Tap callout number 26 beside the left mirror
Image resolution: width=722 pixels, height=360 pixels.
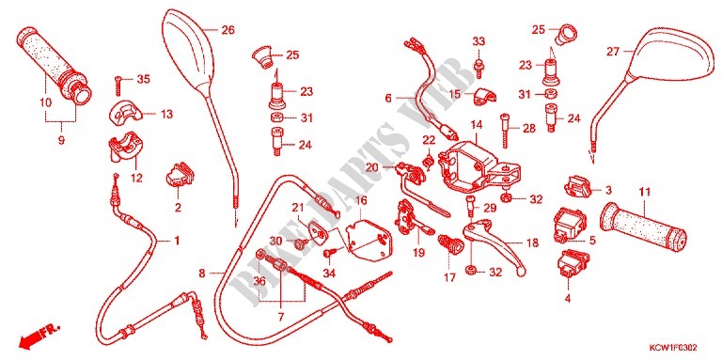(x=228, y=30)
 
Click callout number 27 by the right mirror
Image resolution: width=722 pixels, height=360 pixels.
(x=612, y=52)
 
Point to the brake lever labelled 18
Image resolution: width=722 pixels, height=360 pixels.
(x=494, y=245)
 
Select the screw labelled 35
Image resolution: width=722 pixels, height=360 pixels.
(x=118, y=85)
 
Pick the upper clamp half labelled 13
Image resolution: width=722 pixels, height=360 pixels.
(x=124, y=112)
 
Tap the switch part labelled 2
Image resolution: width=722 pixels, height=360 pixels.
(x=179, y=175)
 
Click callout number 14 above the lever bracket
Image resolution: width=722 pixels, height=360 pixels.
(x=476, y=124)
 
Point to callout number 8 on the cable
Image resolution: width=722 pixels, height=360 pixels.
(x=202, y=274)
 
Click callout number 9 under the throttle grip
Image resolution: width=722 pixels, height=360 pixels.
(x=61, y=141)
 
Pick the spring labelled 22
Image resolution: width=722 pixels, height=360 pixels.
(x=429, y=161)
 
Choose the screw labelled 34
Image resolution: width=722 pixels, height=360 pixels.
(x=330, y=253)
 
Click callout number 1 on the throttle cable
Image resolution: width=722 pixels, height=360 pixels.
(x=176, y=241)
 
